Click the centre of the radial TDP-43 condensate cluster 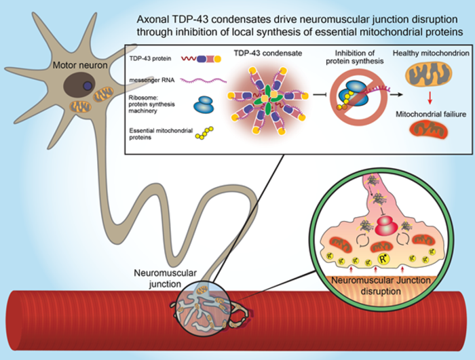(x=261, y=105)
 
